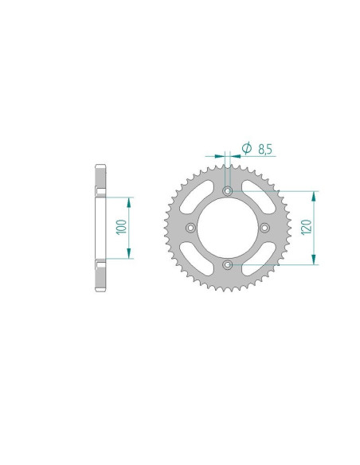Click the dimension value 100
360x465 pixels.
[x=119, y=227]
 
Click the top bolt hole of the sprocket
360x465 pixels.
[x=228, y=192]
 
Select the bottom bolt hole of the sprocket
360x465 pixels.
[x=228, y=264]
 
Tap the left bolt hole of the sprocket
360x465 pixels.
[x=191, y=228]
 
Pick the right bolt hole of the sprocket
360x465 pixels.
[x=264, y=228]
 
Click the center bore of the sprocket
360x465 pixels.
[x=228, y=228]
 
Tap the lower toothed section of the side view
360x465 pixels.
[x=100, y=279]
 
